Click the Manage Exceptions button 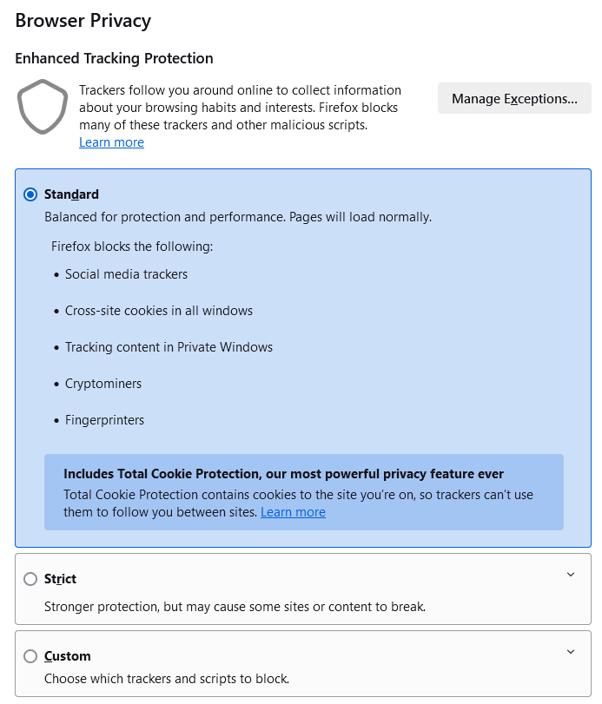[x=514, y=99]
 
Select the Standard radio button [x=30, y=194]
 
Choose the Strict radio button [x=30, y=579]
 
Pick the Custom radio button [x=30, y=656]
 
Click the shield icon [x=43, y=107]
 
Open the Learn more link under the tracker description [x=111, y=142]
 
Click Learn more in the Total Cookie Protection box [x=293, y=512]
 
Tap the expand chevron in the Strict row [x=571, y=575]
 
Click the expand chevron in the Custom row [x=571, y=652]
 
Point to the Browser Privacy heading [x=83, y=21]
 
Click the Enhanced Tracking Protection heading [x=114, y=59]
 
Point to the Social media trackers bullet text [x=126, y=274]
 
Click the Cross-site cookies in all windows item [x=159, y=311]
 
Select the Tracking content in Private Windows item [x=169, y=347]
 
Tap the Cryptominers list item [x=103, y=384]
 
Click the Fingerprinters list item [x=104, y=420]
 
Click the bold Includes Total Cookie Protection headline [x=283, y=474]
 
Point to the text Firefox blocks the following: [x=132, y=247]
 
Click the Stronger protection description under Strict [x=235, y=607]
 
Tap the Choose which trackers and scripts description [x=167, y=679]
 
